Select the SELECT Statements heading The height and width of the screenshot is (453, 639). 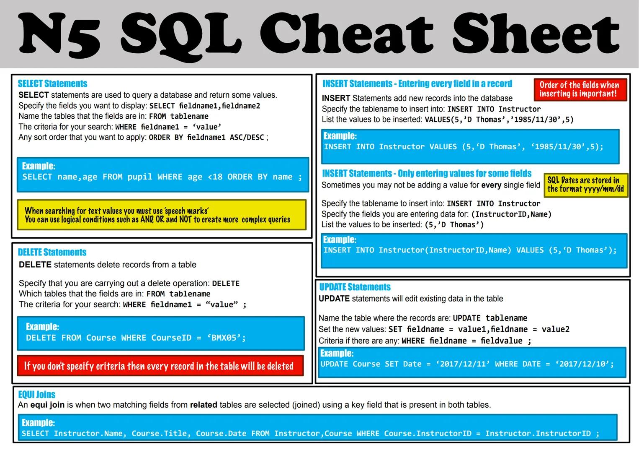click(52, 83)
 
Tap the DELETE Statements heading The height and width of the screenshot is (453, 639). click(52, 252)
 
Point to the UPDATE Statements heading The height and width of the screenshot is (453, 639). click(355, 287)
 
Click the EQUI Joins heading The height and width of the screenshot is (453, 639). click(36, 394)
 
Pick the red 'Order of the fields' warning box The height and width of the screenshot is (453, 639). click(580, 89)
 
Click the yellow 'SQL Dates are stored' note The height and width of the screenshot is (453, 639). click(585, 185)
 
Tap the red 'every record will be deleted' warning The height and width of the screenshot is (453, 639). click(160, 366)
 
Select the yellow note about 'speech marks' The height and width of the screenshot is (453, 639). click(161, 215)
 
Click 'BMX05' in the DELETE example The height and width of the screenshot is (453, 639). click(226, 338)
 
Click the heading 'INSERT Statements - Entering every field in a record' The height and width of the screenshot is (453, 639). click(417, 83)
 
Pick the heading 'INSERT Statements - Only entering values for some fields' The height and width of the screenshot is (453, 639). click(426, 173)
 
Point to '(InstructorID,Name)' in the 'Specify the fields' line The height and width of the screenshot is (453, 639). click(511, 214)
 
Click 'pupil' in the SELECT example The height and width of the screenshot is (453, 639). click(140, 177)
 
